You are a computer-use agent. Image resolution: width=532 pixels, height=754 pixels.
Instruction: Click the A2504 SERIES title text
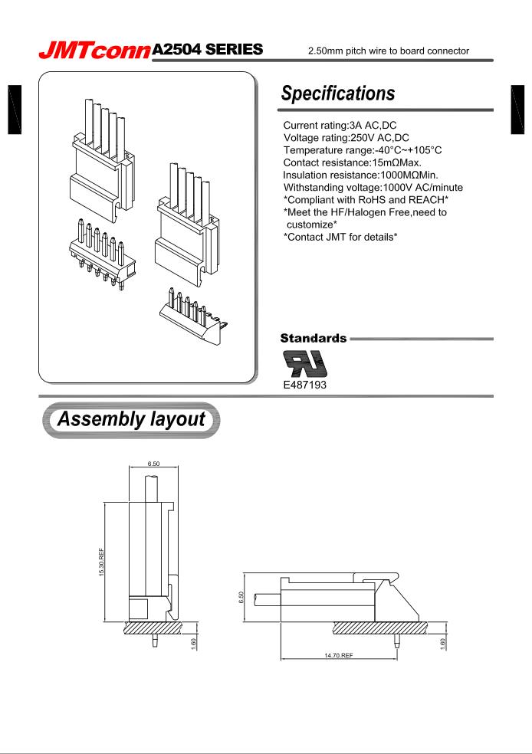[x=208, y=48]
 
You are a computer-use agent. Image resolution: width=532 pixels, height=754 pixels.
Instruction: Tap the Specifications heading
[x=337, y=93]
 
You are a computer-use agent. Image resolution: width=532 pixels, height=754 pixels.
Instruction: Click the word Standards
[x=313, y=337]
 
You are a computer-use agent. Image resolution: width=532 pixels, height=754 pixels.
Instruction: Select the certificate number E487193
[x=305, y=385]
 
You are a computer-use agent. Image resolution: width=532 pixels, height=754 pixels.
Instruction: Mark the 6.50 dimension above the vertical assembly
[x=153, y=463]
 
